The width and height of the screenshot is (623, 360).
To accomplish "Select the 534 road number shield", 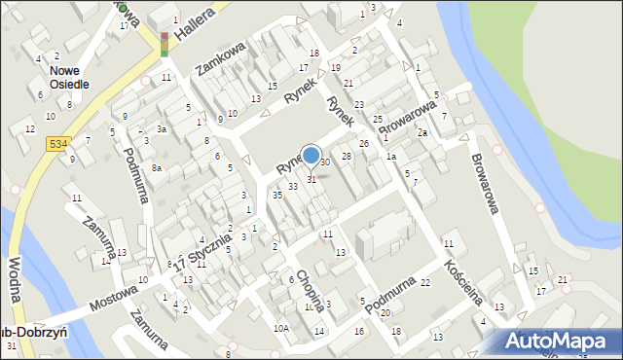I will [x=57, y=144].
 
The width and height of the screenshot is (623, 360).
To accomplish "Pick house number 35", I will [x=277, y=196].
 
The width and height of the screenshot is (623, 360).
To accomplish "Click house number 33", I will [x=292, y=186].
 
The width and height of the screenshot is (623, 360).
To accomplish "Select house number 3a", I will [x=163, y=128].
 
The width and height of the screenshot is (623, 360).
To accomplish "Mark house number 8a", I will [x=156, y=168].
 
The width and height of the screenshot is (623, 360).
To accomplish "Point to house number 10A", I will [x=280, y=329].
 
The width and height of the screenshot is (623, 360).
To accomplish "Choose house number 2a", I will [x=422, y=131].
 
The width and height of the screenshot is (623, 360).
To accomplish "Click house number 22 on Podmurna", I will [x=424, y=282].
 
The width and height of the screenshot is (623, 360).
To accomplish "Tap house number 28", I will [x=346, y=156].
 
